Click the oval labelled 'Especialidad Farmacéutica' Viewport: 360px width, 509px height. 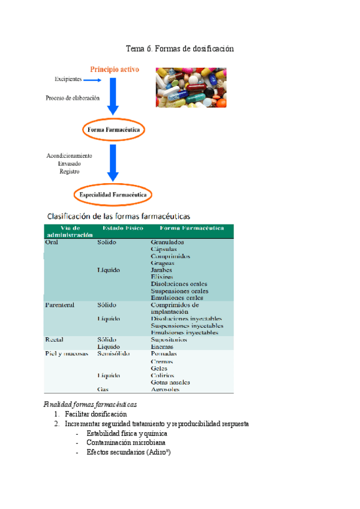click(x=113, y=194)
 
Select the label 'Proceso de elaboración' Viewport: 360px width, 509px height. click(x=73, y=98)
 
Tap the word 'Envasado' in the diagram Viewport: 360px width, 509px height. click(x=70, y=163)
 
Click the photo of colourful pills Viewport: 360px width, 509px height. click(x=191, y=87)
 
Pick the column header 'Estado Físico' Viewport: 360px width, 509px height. click(x=122, y=228)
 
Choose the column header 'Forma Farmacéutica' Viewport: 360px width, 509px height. click(x=192, y=228)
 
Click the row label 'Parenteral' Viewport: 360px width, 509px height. click(x=59, y=305)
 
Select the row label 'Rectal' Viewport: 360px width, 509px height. click(x=55, y=340)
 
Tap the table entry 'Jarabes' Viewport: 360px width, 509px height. click(x=162, y=270)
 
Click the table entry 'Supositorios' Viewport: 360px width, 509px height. click(x=169, y=340)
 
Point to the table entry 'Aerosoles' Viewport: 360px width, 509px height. click(x=165, y=389)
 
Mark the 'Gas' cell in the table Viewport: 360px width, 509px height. click(x=103, y=389)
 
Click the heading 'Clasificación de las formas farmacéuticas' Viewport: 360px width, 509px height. click(x=120, y=215)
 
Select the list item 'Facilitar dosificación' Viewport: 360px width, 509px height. click(x=96, y=414)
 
